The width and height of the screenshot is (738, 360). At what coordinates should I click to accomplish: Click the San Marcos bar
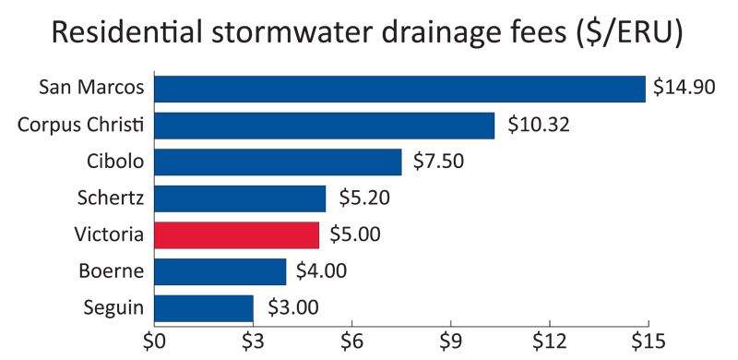pyautogui.click(x=399, y=89)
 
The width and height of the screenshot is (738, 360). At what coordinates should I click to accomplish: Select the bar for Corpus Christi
pyautogui.click(x=324, y=125)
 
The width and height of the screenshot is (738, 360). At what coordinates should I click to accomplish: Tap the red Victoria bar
pyautogui.click(x=236, y=234)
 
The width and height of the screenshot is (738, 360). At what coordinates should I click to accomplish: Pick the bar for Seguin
pyautogui.click(x=203, y=307)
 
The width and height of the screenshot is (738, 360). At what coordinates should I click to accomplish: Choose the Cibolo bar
pyautogui.click(x=278, y=162)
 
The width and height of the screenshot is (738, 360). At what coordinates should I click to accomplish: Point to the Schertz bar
pyautogui.click(x=240, y=198)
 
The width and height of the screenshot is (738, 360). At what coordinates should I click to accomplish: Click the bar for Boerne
pyautogui.click(x=220, y=271)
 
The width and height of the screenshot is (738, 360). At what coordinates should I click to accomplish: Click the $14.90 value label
pyautogui.click(x=685, y=89)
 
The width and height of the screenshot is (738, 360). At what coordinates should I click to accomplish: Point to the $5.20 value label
pyautogui.click(x=361, y=198)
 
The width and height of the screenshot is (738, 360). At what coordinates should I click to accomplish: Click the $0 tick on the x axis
pyautogui.click(x=154, y=342)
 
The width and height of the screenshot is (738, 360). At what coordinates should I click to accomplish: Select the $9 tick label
pyautogui.click(x=450, y=342)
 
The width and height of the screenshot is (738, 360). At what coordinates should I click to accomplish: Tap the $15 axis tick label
pyautogui.click(x=648, y=342)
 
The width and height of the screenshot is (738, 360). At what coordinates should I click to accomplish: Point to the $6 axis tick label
pyautogui.click(x=351, y=342)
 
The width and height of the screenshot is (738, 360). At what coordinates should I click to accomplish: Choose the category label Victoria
pyautogui.click(x=111, y=234)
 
